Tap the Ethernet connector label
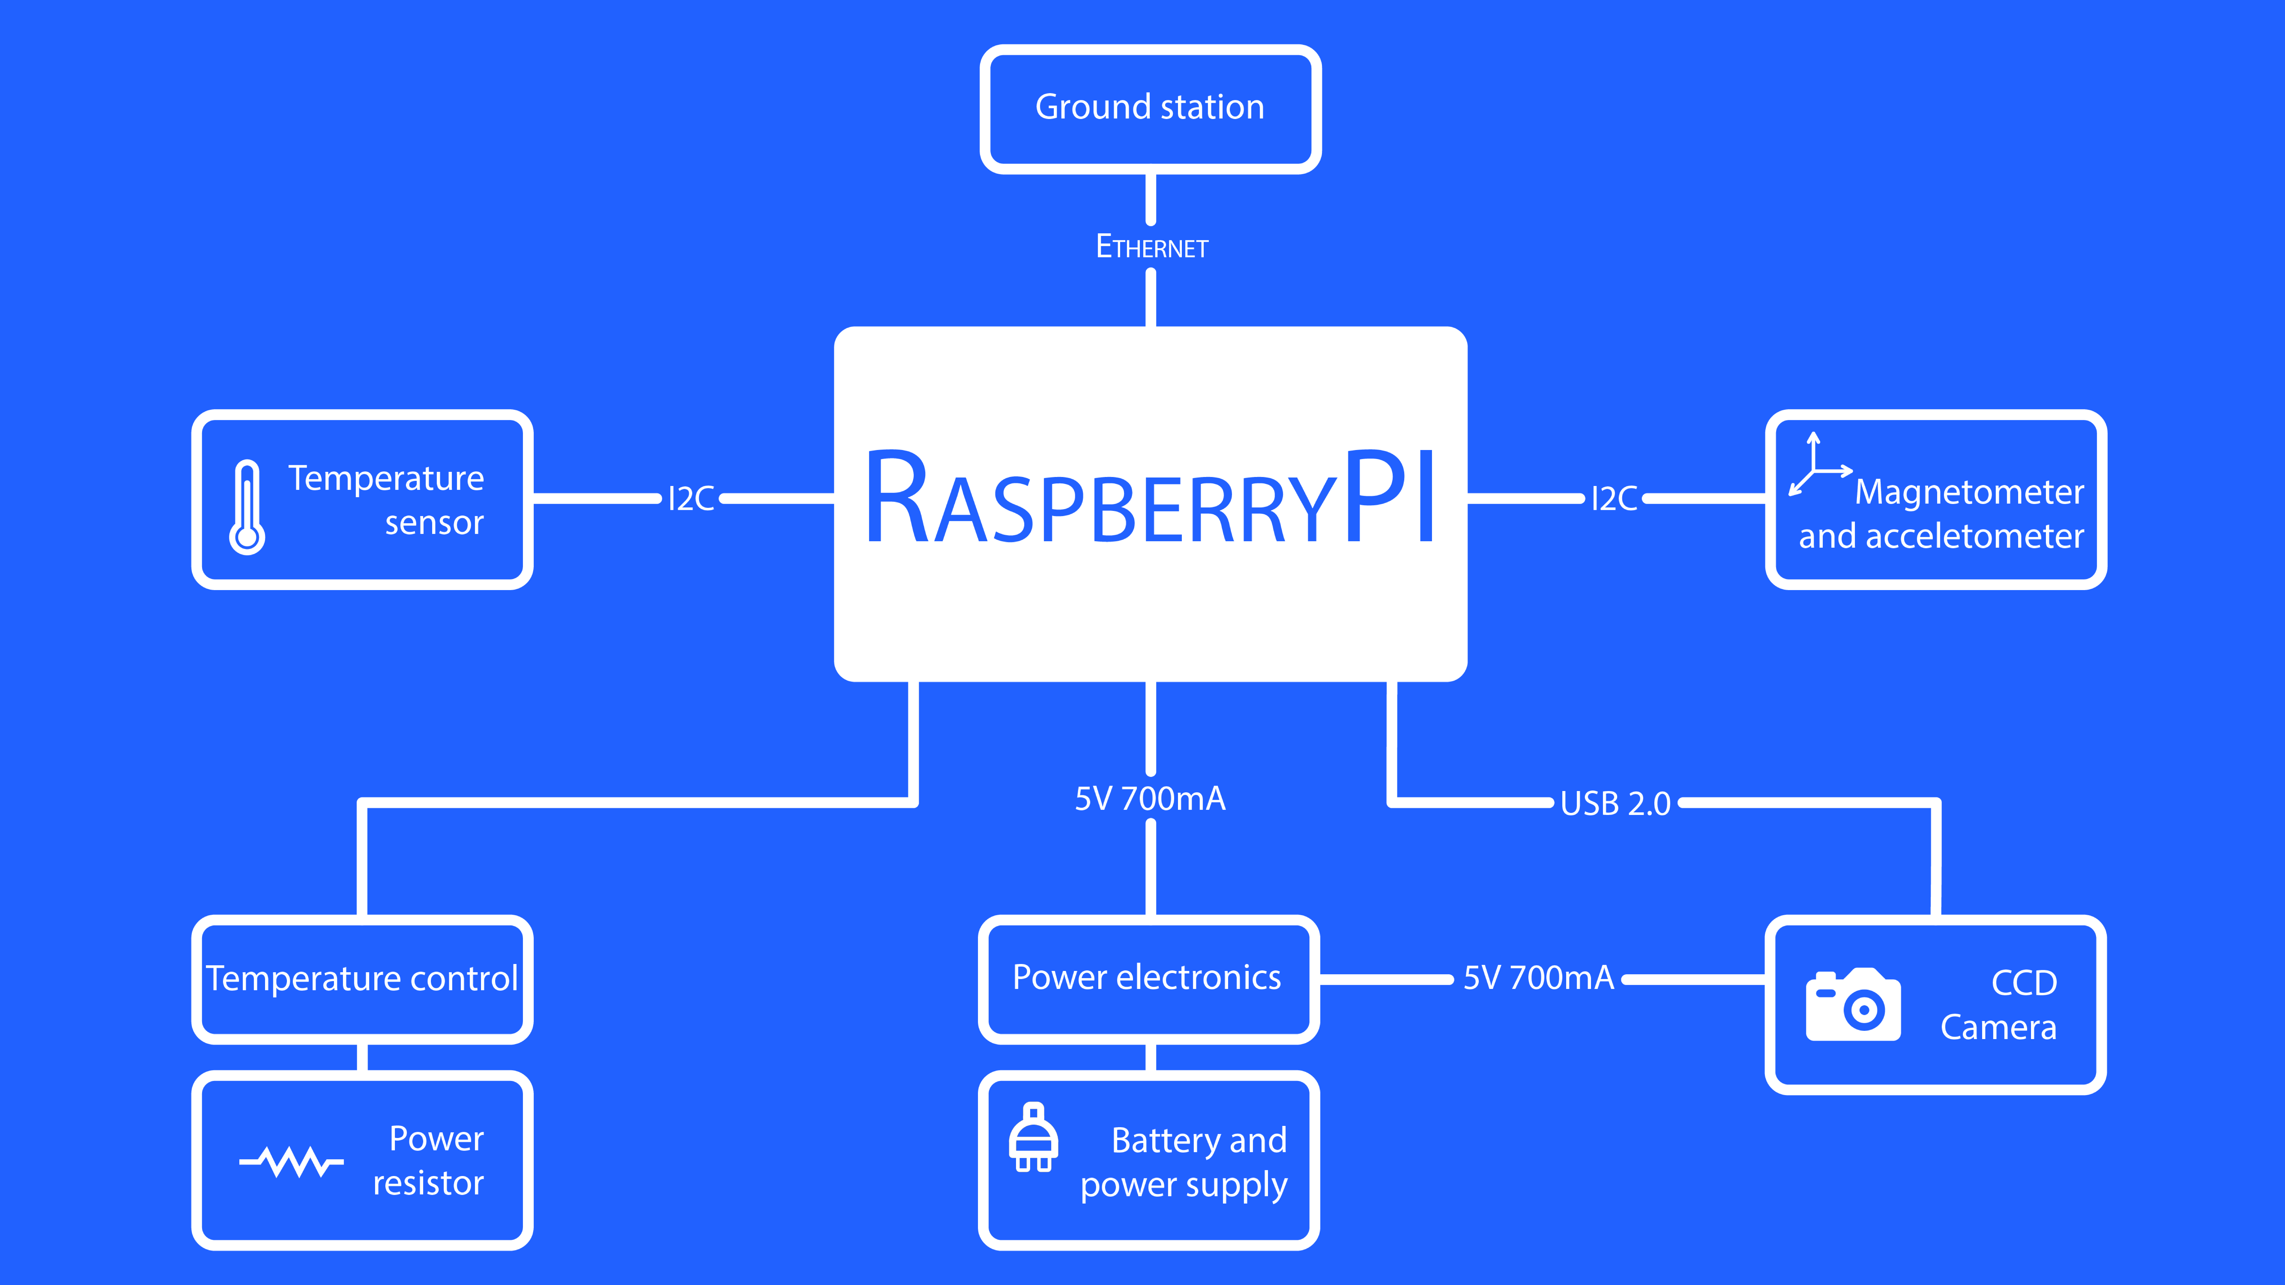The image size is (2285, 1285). pyautogui.click(x=1151, y=246)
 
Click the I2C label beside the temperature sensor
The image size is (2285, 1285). pyautogui.click(x=691, y=498)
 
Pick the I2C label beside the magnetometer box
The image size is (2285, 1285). pyautogui.click(x=1615, y=498)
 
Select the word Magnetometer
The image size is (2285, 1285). pyautogui.click(x=1969, y=491)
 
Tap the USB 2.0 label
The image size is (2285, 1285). pyautogui.click(x=1615, y=803)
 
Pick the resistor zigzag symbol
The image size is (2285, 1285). pyautogui.click(x=291, y=1161)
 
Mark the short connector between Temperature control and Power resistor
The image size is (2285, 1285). pyautogui.click(x=362, y=1057)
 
